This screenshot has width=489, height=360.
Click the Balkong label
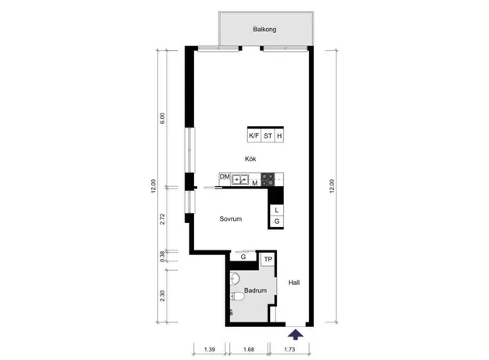pos(264,29)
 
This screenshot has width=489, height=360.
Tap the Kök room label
pos(250,159)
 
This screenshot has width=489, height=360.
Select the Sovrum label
pos(231,218)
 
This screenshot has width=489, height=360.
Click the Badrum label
pos(255,290)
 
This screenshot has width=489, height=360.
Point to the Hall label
pos(294,283)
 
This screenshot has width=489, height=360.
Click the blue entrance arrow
pos(295,335)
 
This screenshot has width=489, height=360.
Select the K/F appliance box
pos(253,135)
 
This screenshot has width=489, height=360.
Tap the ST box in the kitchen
pos(268,135)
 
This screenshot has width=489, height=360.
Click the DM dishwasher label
pos(225,177)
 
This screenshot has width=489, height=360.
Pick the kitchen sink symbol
pos(240,180)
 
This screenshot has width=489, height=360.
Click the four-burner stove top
pos(268,179)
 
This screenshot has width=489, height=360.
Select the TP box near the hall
pos(268,259)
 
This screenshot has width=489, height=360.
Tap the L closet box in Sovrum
pos(277,210)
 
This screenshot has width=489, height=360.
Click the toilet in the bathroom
pos(238,296)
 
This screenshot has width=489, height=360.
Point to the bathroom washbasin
pos(235,279)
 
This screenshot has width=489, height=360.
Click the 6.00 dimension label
pos(162,118)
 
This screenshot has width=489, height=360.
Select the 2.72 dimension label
pos(162,218)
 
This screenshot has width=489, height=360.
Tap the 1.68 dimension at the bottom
pos(249,349)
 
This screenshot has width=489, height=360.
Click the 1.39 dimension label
pos(210,349)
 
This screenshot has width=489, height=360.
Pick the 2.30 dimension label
pos(162,296)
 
